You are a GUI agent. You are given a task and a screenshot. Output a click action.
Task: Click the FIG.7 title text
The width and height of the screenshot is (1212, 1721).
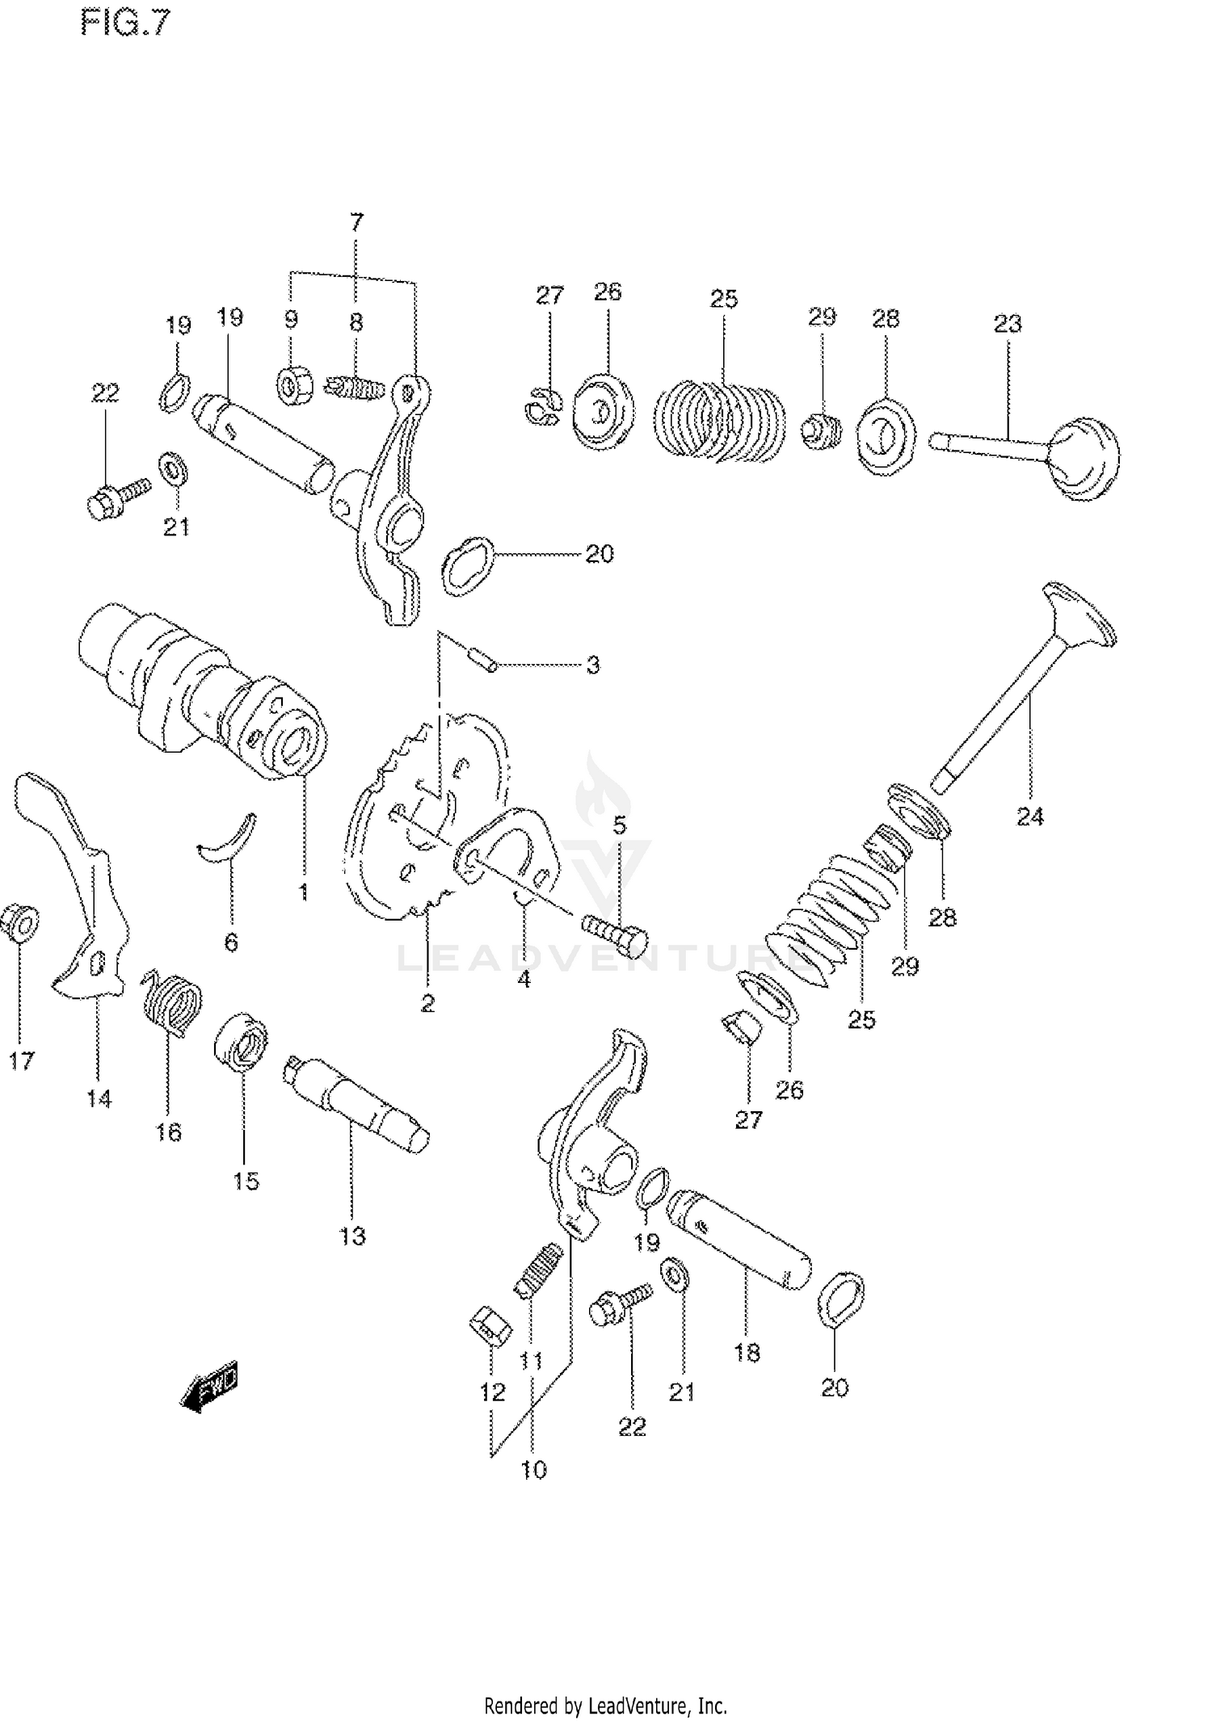click(126, 24)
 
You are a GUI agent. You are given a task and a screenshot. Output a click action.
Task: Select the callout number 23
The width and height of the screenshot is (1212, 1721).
click(1008, 324)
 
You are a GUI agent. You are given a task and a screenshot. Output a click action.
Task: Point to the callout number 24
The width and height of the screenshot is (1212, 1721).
click(1030, 817)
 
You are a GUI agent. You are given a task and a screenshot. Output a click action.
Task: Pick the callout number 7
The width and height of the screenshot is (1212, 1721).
click(356, 221)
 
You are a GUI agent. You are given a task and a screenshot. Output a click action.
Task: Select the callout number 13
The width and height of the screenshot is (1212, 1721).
click(352, 1236)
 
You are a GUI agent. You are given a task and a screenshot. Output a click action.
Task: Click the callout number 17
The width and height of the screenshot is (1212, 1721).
click(22, 1060)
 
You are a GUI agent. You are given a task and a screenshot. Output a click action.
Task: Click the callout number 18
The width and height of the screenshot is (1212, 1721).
click(747, 1353)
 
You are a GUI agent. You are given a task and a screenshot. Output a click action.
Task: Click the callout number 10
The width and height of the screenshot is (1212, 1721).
click(534, 1469)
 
